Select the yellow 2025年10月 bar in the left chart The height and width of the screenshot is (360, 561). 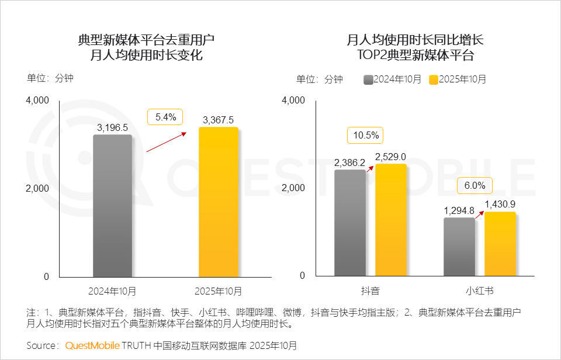[x=219, y=202]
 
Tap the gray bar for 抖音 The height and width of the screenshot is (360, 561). [x=350, y=223]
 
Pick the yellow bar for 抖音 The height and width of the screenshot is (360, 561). [x=390, y=220]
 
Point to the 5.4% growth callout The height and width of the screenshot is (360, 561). [x=165, y=117]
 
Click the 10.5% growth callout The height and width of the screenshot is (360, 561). [x=365, y=136]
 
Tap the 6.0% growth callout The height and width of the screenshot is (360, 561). [x=475, y=185]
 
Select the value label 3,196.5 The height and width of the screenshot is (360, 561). [x=112, y=127]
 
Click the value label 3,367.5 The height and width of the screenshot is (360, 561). [x=219, y=119]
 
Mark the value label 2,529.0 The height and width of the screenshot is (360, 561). [x=390, y=156]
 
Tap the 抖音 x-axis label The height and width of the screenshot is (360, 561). [x=370, y=290]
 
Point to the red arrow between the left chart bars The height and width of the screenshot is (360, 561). [x=166, y=142]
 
